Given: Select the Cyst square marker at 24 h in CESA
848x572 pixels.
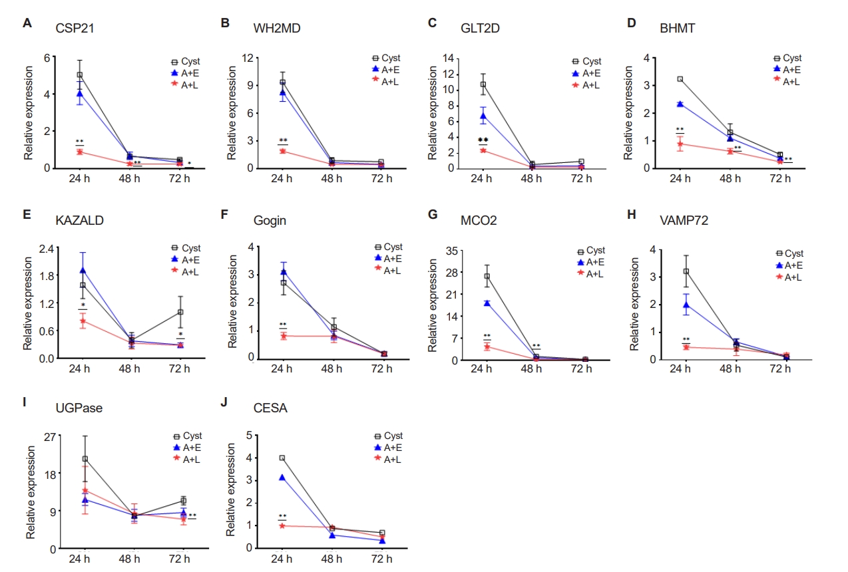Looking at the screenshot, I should [282, 458].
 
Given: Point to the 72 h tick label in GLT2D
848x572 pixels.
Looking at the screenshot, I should [580, 179].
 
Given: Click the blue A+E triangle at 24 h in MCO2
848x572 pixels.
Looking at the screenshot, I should [487, 303].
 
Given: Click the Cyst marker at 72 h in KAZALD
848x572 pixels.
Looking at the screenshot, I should [180, 312].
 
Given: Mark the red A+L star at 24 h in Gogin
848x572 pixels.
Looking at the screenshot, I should [284, 336].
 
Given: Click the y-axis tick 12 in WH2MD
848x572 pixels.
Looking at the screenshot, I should [247, 58].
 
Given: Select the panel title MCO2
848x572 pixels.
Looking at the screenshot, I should [478, 220].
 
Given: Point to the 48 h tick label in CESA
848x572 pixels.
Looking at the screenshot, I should [332, 559].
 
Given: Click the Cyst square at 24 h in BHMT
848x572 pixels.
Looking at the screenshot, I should [680, 78].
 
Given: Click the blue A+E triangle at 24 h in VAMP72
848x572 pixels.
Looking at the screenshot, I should [685, 305].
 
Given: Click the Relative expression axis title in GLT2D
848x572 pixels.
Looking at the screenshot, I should [432, 112].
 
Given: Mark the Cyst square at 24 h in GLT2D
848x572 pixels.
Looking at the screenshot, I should [483, 84].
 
